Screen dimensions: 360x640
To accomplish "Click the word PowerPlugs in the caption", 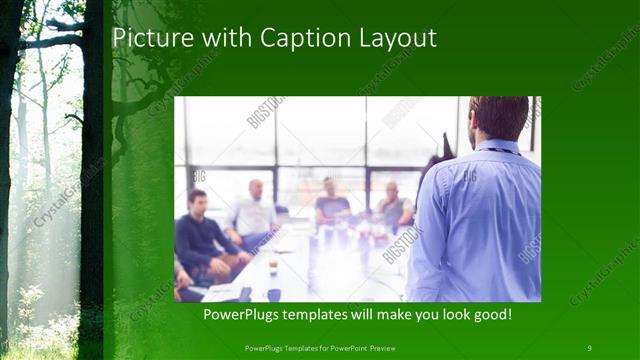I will click(x=241, y=315).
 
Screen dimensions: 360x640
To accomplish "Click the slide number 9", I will click(x=589, y=347).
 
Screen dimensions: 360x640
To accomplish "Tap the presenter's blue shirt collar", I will click(x=497, y=147).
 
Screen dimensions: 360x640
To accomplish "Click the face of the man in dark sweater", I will click(x=197, y=199).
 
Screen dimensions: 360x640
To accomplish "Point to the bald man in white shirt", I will click(x=255, y=210).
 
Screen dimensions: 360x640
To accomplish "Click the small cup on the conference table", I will click(x=273, y=267).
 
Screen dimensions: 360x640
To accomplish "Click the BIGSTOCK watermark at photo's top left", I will click(x=265, y=112).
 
